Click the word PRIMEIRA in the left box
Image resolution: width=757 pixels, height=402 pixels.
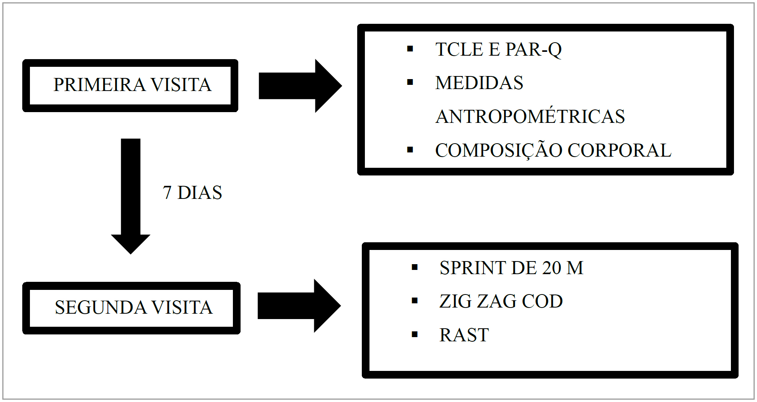[99, 85]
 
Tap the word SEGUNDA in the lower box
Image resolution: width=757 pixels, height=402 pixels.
[101, 308]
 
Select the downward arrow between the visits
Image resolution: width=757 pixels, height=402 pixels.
[130, 196]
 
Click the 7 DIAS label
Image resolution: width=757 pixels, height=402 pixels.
[192, 193]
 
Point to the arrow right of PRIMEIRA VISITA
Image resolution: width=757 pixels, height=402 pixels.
[299, 86]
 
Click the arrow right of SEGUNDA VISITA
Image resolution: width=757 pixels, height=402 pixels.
[299, 306]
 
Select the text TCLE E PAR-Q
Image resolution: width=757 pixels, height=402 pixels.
[498, 50]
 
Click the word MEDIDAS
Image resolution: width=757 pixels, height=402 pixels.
[479, 83]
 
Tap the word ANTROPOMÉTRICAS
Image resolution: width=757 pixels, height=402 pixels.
[530, 116]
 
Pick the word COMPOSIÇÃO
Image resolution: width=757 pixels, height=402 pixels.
[498, 150]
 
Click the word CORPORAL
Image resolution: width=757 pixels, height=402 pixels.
[619, 150]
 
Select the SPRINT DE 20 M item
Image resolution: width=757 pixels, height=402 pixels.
[511, 268]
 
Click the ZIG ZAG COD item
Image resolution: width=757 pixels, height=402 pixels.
[501, 301]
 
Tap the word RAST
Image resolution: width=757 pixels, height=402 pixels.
[464, 335]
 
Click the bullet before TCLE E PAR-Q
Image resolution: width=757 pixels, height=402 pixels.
[410, 49]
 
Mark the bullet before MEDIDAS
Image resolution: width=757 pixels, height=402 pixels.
[410, 83]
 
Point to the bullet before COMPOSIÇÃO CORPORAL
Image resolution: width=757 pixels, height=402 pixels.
[410, 150]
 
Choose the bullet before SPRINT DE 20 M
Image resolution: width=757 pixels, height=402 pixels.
[414, 268]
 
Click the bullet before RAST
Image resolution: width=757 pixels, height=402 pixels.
[414, 335]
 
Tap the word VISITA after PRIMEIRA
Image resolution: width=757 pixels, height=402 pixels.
[181, 85]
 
